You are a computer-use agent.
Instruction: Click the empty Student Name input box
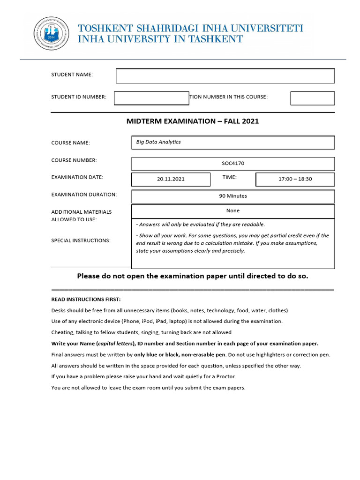click(x=225, y=75)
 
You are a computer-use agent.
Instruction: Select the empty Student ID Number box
click(x=151, y=98)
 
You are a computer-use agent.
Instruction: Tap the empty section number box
click(x=312, y=98)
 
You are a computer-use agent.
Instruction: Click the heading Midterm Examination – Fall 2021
click(x=193, y=121)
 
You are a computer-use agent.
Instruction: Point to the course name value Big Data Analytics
click(x=158, y=142)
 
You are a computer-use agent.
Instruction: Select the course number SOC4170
click(x=233, y=164)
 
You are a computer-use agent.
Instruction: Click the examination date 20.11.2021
click(x=171, y=179)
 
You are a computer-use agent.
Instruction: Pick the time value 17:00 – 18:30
click(x=295, y=179)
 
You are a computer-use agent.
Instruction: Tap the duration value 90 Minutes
click(x=233, y=196)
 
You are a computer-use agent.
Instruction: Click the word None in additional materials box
click(x=233, y=211)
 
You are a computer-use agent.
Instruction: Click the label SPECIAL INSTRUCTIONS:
click(x=81, y=240)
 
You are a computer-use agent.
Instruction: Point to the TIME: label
click(x=230, y=177)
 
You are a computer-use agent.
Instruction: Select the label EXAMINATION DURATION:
click(x=84, y=195)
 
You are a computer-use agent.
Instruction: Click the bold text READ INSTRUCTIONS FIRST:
click(x=86, y=299)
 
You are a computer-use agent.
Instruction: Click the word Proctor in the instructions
click(x=226, y=377)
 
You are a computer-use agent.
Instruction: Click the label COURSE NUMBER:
click(x=74, y=160)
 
